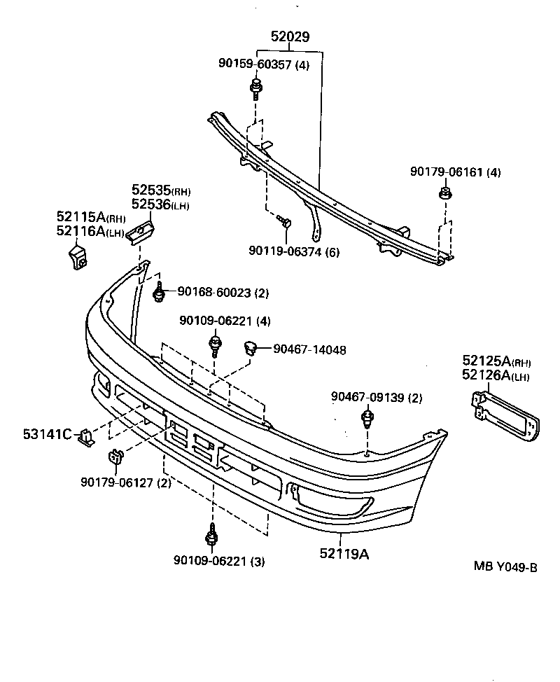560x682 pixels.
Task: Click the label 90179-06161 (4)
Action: coord(456,172)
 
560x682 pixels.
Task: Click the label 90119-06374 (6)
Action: coord(293,251)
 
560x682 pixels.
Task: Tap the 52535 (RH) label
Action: coord(161,190)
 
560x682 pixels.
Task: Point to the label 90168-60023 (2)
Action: coord(223,293)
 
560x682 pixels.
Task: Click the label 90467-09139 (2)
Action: coord(377,398)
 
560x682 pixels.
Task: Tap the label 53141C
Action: coord(48,435)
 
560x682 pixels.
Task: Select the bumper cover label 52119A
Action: coord(344,554)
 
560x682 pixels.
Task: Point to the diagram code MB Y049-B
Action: coord(505,567)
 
